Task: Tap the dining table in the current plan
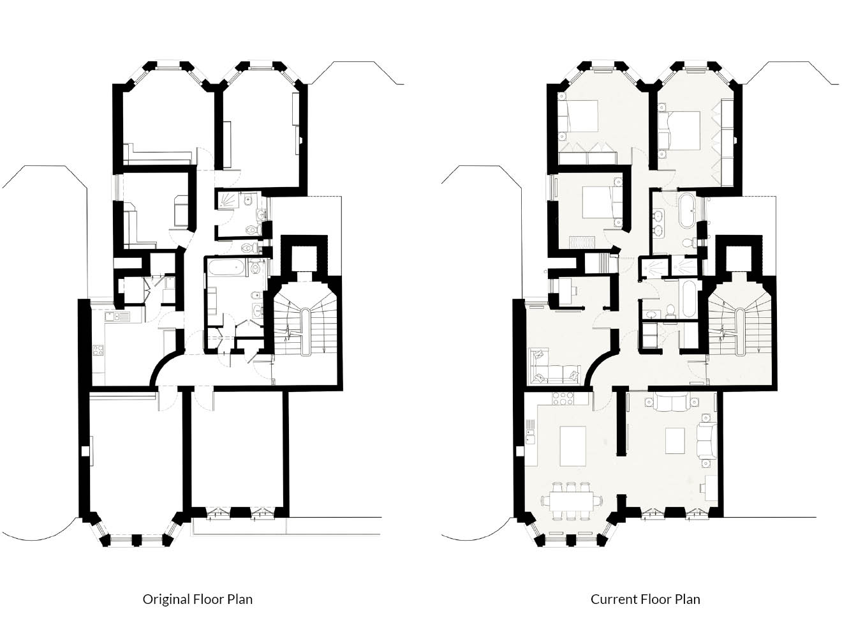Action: [572, 500]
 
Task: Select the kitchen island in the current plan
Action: [573, 446]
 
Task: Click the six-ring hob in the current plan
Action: [563, 398]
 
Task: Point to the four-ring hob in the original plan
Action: [98, 350]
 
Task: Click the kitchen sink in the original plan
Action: [117, 317]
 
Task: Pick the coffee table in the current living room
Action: [675, 440]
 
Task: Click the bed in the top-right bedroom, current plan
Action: [679, 130]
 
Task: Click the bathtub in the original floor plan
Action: [226, 267]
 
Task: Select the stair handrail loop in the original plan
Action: [306, 331]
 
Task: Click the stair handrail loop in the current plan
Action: [739, 331]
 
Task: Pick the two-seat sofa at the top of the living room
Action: [670, 402]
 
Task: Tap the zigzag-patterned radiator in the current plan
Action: [582, 243]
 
